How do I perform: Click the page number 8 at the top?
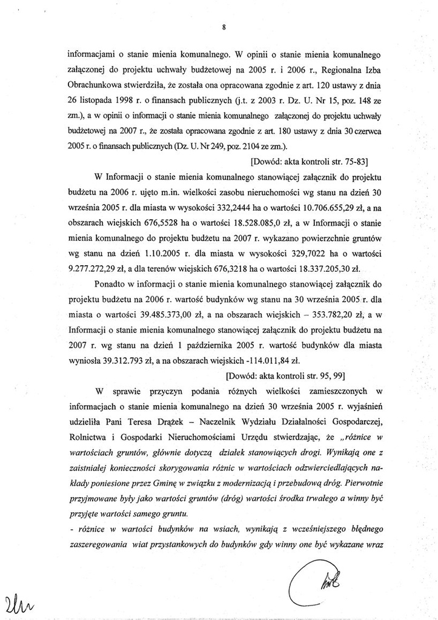pos(224,27)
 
